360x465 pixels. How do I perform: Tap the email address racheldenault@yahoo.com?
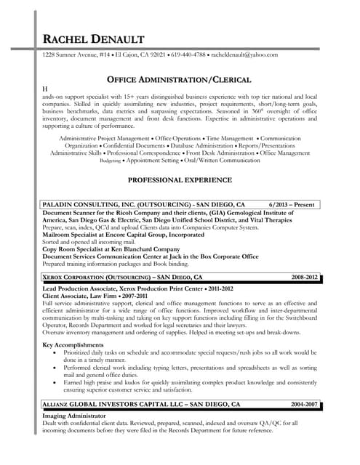click(x=244, y=55)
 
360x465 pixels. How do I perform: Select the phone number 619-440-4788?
click(x=188, y=55)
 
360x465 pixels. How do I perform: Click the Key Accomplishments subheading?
click(x=73, y=344)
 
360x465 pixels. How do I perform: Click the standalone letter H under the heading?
click(x=45, y=88)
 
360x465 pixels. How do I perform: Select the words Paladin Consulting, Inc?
click(x=88, y=205)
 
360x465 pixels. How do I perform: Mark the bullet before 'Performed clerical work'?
click(x=57, y=368)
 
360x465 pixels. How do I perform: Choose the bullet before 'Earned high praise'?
click(x=57, y=385)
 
